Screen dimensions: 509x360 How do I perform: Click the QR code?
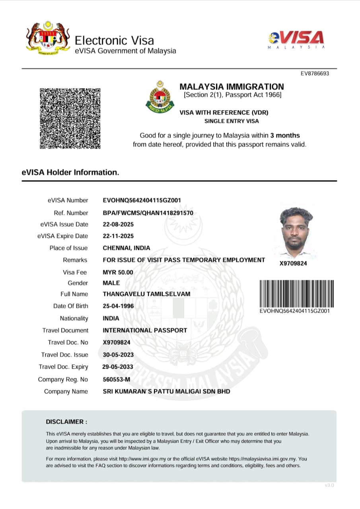(x=70, y=119)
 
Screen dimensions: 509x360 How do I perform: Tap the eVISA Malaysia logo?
(x=297, y=40)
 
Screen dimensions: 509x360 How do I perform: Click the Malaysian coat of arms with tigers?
(x=48, y=38)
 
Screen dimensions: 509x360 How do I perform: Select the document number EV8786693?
(x=315, y=74)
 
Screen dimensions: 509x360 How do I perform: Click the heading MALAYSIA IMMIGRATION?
(x=232, y=87)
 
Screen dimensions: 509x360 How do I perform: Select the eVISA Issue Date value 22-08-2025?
(x=118, y=224)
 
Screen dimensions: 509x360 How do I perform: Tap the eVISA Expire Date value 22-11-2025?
(x=118, y=236)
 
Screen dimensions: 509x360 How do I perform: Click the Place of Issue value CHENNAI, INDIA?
(x=126, y=248)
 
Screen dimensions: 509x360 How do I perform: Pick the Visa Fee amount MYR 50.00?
(x=118, y=272)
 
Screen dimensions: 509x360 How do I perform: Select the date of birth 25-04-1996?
(x=118, y=306)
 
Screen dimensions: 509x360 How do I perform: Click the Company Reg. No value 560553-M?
(x=116, y=379)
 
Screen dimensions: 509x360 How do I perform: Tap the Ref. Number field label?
(x=71, y=213)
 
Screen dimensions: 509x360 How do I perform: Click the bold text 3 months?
(x=285, y=135)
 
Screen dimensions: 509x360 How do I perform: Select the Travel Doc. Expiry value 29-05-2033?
(x=118, y=367)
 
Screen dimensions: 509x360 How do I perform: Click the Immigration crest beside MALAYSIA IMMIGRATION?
(x=159, y=96)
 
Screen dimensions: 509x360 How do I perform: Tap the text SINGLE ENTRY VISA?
(x=232, y=121)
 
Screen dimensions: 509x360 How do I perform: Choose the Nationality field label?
(x=74, y=319)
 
